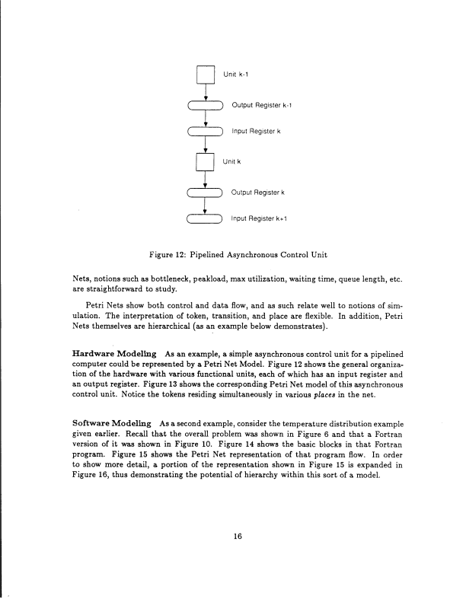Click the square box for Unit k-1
pyautogui.click(x=205, y=73)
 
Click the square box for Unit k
pyautogui.click(x=205, y=162)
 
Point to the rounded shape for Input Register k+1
pyautogui.click(x=205, y=220)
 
